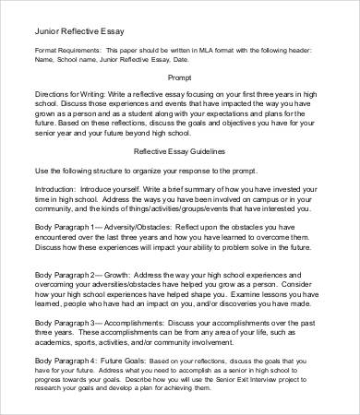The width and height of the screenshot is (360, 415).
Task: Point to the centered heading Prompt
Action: tap(179, 78)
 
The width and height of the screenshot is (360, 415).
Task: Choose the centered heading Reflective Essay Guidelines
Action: tap(179, 148)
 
